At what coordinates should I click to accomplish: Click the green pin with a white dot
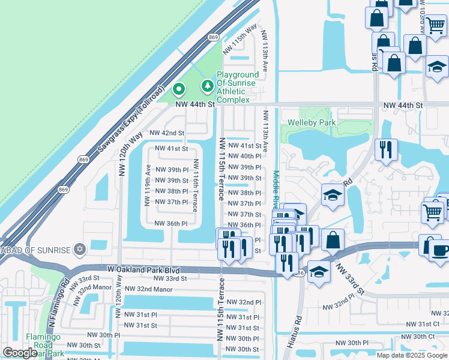(x=179, y=91)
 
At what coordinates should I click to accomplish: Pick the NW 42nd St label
(x=166, y=133)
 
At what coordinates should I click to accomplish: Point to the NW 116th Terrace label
(x=195, y=185)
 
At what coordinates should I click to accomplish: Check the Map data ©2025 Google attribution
(x=412, y=355)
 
